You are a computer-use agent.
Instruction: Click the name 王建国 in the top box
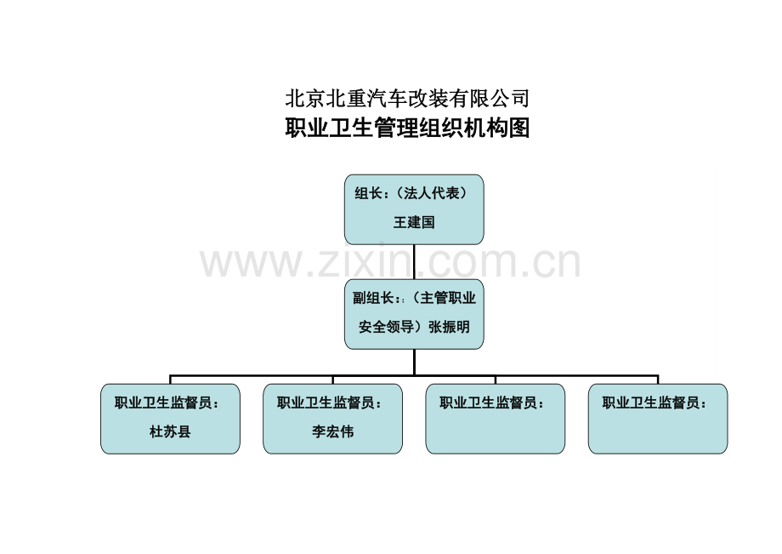[414, 222]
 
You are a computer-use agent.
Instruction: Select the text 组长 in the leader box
[368, 193]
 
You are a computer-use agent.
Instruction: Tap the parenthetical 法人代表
[432, 193]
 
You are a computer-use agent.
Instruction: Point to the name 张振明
[449, 327]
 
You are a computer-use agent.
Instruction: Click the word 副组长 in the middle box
[373, 298]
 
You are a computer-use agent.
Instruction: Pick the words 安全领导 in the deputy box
[387, 327]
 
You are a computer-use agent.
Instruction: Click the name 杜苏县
[170, 431]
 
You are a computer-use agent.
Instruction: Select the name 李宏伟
[332, 431]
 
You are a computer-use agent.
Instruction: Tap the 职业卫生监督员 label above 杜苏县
[163, 403]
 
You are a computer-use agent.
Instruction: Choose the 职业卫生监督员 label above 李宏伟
[326, 403]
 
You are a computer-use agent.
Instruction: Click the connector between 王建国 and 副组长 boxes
[414, 262]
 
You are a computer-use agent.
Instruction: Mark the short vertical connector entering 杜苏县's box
[170, 380]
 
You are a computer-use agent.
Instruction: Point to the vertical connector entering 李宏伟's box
[332, 380]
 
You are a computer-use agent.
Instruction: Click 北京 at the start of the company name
[305, 99]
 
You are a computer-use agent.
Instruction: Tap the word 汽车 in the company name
[387, 99]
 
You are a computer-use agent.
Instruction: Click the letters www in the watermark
[252, 264]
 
